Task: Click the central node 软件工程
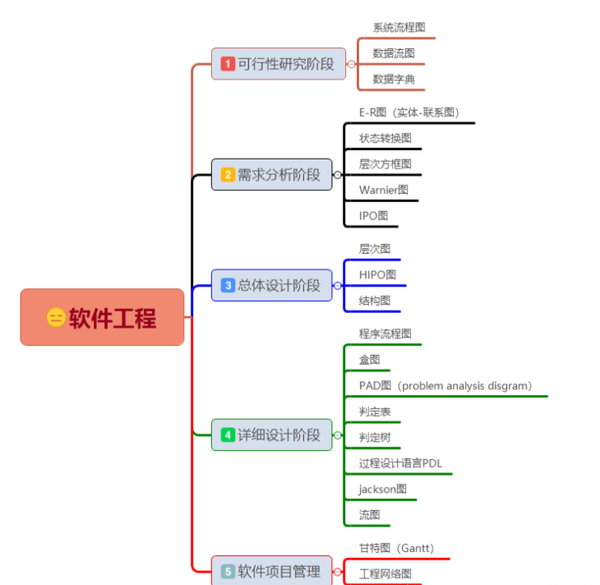pyautogui.click(x=102, y=317)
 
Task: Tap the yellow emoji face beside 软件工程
pyautogui.click(x=56, y=318)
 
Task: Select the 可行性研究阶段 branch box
pyautogui.click(x=279, y=63)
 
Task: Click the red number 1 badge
pyautogui.click(x=228, y=63)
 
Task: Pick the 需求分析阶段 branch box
pyautogui.click(x=271, y=174)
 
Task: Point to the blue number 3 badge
pyautogui.click(x=228, y=285)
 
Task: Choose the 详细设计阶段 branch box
pyautogui.click(x=271, y=435)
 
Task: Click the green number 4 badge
pyautogui.click(x=228, y=435)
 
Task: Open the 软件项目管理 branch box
pyautogui.click(x=271, y=571)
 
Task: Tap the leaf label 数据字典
pyautogui.click(x=394, y=80)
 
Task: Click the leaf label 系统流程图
pyautogui.click(x=399, y=28)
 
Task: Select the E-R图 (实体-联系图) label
pyautogui.click(x=408, y=113)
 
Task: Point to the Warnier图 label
pyautogui.click(x=383, y=190)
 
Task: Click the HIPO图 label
pyautogui.click(x=377, y=274)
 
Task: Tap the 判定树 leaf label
pyautogui.click(x=375, y=436)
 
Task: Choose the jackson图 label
pyautogui.click(x=382, y=489)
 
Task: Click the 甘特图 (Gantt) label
pyautogui.click(x=396, y=548)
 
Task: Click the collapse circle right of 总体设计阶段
pyautogui.click(x=338, y=286)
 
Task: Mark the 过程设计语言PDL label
pyautogui.click(x=400, y=463)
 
